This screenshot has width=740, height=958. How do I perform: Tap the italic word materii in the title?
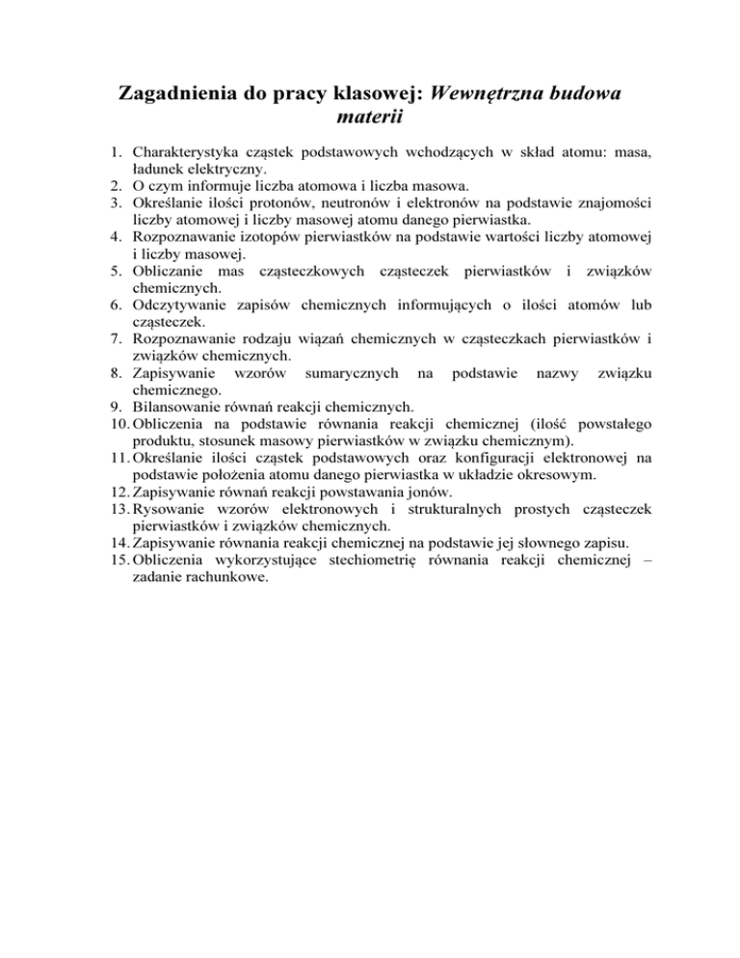click(370, 120)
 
